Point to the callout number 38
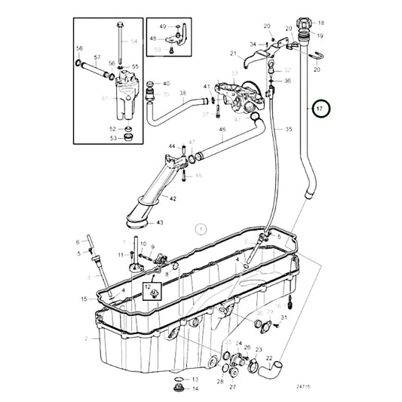[x=182, y=94]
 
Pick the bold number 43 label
[x=159, y=222]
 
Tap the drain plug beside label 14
[x=178, y=389]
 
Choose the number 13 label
[x=195, y=379]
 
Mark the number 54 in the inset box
[x=133, y=40]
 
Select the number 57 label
[x=97, y=57]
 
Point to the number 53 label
[x=112, y=138]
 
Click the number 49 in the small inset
[x=162, y=26]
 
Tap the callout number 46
[x=222, y=130]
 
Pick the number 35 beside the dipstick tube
[x=288, y=130]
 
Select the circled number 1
[x=200, y=227]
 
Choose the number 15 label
[x=84, y=299]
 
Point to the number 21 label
[x=234, y=54]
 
